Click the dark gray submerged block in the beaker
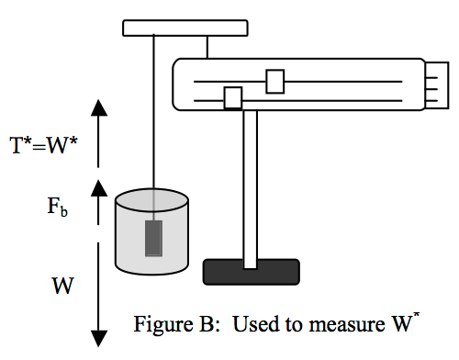click(152, 238)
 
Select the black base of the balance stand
click(250, 271)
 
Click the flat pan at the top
click(187, 27)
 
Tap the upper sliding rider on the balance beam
click(274, 81)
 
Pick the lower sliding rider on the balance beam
click(233, 96)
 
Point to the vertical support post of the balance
click(250, 184)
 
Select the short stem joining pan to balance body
click(210, 46)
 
